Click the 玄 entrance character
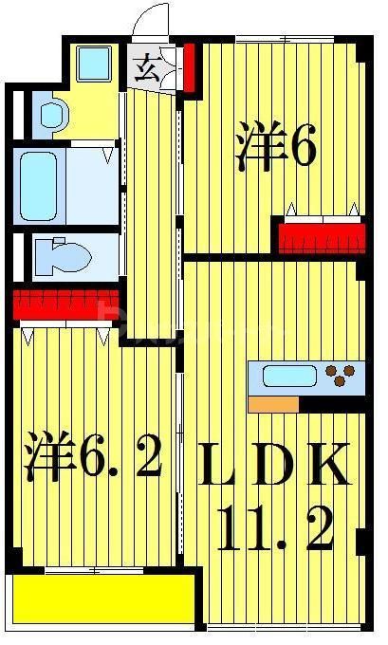point(147,68)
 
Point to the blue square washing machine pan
point(94,64)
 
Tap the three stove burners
point(342,377)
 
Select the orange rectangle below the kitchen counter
point(272,404)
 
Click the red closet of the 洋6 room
point(321,235)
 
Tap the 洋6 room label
point(275,149)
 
